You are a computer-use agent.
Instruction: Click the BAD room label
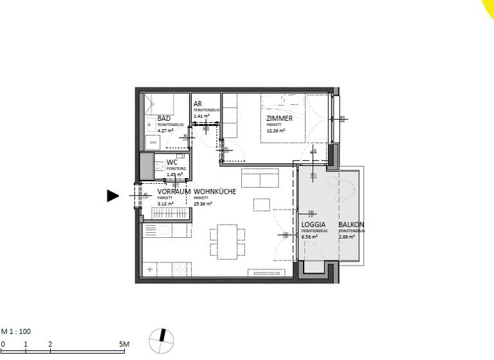(164, 119)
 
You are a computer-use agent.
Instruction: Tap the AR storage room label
(197, 104)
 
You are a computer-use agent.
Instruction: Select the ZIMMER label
(280, 119)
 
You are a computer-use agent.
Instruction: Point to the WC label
(172, 163)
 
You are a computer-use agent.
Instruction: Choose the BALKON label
(351, 225)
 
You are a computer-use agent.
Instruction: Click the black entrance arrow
(113, 196)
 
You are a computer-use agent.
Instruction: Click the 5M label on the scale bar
(125, 345)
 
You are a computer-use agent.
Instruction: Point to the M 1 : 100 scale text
(15, 332)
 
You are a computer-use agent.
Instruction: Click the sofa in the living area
(259, 177)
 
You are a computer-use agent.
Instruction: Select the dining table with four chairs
(226, 240)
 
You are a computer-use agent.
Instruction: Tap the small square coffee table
(262, 204)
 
